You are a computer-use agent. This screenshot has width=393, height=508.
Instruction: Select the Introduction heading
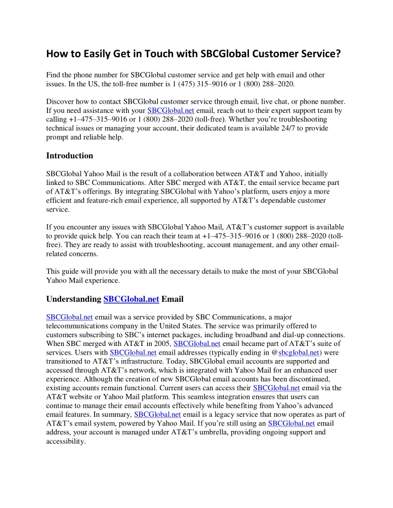tap(70, 156)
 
